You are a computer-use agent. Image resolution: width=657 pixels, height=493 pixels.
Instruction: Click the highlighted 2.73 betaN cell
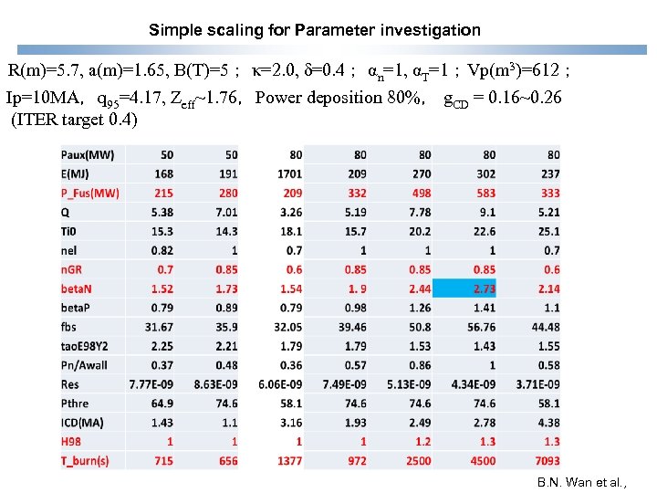pos(483,288)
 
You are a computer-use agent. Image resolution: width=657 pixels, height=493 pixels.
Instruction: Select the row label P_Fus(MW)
pos(90,193)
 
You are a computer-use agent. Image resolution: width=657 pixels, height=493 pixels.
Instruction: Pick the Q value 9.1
pos(487,212)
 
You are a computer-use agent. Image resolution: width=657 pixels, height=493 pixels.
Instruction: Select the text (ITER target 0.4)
pos(74,120)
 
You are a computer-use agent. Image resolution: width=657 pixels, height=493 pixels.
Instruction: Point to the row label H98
pos(76,442)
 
